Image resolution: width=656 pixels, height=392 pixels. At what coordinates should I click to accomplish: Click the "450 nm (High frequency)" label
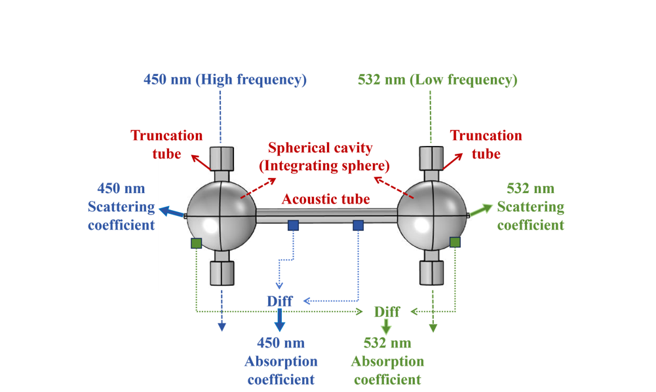pos(225,79)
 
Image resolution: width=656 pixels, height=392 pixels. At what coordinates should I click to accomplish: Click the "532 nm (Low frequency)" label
pos(438,79)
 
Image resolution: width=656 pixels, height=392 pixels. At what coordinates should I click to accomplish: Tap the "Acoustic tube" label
pos(326,199)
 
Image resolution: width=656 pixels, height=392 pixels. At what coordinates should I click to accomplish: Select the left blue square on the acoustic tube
pos(294,226)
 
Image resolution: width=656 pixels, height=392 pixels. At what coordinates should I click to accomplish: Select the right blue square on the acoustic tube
pos(358,226)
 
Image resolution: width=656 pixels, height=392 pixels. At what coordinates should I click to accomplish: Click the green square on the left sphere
pos(196,243)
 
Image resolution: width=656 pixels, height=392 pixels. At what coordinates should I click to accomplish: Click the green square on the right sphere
pos(455,242)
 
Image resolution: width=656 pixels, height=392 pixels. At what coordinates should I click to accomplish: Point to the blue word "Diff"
pos(280,301)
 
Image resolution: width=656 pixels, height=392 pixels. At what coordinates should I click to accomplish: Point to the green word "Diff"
pos(387,312)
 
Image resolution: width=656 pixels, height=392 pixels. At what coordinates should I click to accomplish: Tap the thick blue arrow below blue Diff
pos(279,320)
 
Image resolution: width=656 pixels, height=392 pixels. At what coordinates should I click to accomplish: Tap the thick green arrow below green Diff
pos(386,327)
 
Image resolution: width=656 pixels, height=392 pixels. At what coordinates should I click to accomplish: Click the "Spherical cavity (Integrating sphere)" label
pos(324,156)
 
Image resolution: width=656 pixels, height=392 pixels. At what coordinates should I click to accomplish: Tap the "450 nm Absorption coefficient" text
pos(281,361)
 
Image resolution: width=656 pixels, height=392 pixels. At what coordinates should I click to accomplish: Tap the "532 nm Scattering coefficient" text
pos(530,206)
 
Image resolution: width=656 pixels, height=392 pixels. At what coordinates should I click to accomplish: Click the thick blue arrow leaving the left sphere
pos(172,212)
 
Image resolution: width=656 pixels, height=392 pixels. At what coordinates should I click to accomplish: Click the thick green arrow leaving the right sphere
pos(481,210)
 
